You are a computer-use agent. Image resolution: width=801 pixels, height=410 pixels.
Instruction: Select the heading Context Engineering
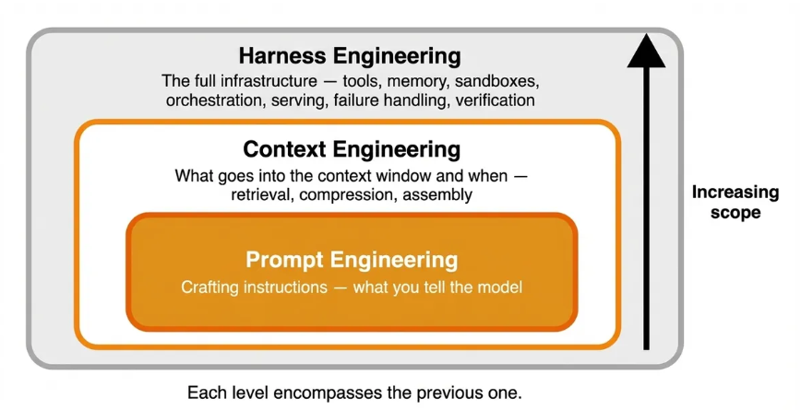tap(351, 149)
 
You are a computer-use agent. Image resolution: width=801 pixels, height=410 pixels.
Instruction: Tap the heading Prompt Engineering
tap(351, 258)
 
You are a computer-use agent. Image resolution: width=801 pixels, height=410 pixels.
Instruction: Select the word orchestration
tap(214, 100)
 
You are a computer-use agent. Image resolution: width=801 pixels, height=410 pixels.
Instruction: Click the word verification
tap(492, 100)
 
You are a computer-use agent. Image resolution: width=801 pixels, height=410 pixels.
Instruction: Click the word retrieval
tap(261, 194)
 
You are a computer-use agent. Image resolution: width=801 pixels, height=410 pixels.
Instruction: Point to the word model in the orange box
tap(502, 287)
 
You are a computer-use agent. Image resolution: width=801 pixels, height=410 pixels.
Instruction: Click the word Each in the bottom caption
tap(205, 392)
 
